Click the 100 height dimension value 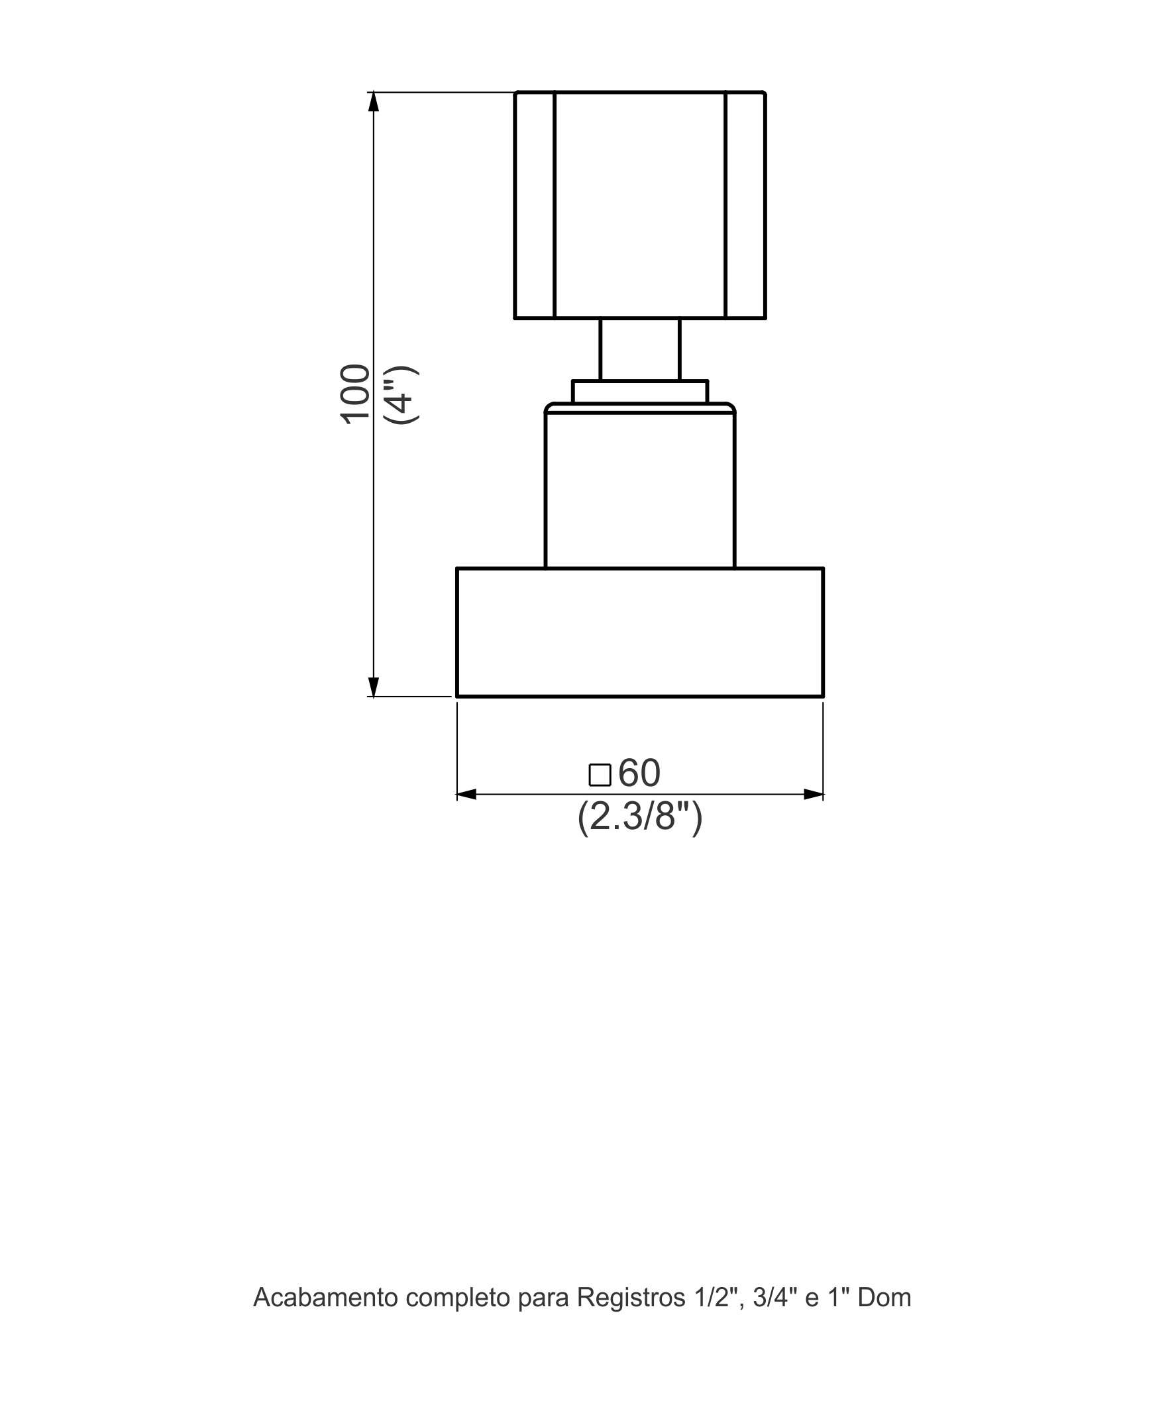[x=356, y=394]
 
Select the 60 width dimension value [x=639, y=773]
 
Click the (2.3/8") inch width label [x=640, y=817]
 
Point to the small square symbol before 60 [x=600, y=775]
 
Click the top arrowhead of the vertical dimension [x=374, y=101]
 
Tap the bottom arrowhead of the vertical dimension [x=374, y=687]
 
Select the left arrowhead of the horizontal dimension [x=466, y=795]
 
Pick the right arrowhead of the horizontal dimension [x=814, y=795]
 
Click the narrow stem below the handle [x=639, y=349]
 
